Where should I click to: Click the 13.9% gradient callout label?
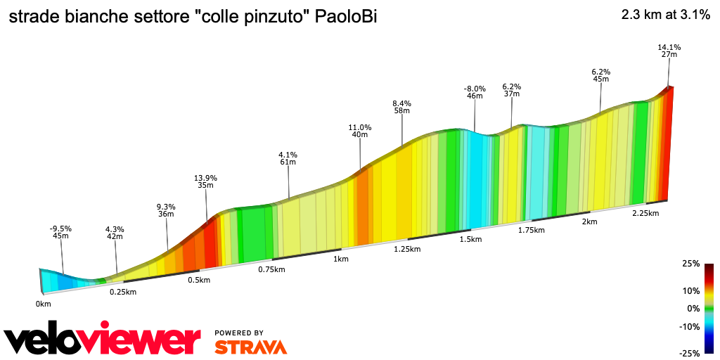[205, 178]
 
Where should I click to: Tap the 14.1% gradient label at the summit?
[669, 47]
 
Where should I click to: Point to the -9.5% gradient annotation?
[60, 229]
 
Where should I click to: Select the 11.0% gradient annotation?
[359, 127]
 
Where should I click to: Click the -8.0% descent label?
[475, 89]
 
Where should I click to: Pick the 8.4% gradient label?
[401, 103]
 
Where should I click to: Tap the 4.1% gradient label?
[288, 155]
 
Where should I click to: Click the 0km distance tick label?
[43, 304]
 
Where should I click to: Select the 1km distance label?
[341, 259]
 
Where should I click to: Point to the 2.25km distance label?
[645, 213]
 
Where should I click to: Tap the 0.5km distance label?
[199, 280]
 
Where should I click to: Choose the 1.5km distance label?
[470, 239]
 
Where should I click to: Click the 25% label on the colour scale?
[690, 264]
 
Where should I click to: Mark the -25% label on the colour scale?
[689, 353]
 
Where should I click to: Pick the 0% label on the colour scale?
[693, 308]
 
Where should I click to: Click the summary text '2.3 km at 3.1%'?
[665, 15]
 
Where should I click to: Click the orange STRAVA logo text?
[250, 347]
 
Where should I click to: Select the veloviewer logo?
[102, 340]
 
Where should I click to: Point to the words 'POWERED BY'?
[239, 333]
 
